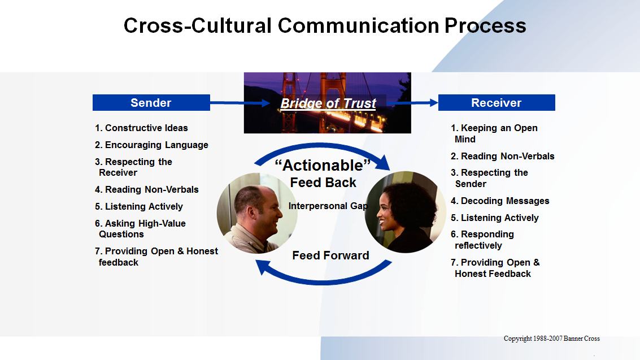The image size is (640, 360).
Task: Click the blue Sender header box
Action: click(x=151, y=102)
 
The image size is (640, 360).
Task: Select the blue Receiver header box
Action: click(x=497, y=102)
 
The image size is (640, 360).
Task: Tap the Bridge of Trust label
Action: click(x=328, y=103)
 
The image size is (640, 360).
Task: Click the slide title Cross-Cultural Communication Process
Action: click(x=325, y=25)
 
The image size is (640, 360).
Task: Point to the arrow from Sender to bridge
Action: click(x=240, y=103)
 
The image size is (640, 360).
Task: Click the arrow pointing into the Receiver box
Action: click(x=413, y=103)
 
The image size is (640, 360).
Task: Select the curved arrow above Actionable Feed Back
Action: click(x=322, y=146)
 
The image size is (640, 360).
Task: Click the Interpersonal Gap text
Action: click(x=328, y=206)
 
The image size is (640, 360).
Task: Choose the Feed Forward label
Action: click(x=330, y=255)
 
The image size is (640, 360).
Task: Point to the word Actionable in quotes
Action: click(x=323, y=165)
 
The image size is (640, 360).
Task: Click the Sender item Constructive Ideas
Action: click(x=141, y=128)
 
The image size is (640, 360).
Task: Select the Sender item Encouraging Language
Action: click(x=151, y=145)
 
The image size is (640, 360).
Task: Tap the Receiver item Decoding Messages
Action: click(x=500, y=201)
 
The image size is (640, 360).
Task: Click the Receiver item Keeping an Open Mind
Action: click(x=494, y=133)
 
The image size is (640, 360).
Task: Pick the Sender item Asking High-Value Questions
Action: click(x=141, y=229)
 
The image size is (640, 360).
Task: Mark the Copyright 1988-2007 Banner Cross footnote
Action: click(x=552, y=339)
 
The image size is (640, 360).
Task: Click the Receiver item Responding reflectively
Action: click(x=482, y=240)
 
